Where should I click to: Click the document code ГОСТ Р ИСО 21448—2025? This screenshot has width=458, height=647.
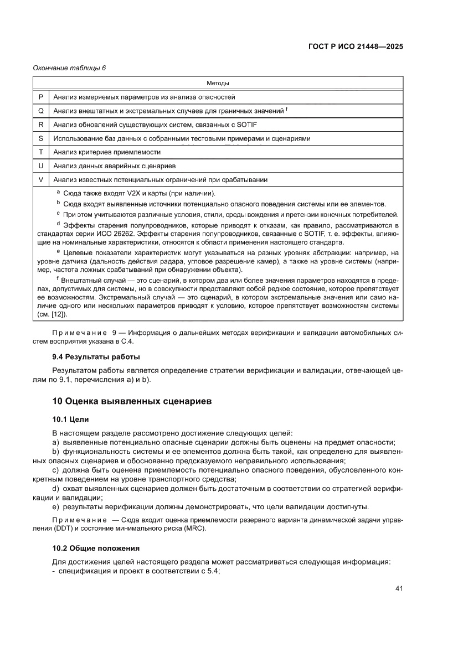[x=355, y=47]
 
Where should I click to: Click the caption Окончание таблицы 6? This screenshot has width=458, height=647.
[x=69, y=68]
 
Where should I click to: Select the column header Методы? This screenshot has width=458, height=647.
[x=218, y=83]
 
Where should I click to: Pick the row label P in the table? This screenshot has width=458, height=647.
[x=41, y=97]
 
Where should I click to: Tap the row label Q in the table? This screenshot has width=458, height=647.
[x=41, y=111]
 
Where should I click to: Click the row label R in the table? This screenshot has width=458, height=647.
[x=41, y=125]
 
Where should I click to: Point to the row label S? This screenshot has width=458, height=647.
[x=41, y=138]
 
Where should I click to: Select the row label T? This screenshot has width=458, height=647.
[x=41, y=152]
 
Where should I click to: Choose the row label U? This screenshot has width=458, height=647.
[x=41, y=166]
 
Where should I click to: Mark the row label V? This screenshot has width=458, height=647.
[x=41, y=180]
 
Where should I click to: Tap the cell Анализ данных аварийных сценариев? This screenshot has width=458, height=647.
[x=114, y=166]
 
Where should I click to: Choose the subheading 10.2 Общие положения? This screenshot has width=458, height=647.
[x=95, y=548]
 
